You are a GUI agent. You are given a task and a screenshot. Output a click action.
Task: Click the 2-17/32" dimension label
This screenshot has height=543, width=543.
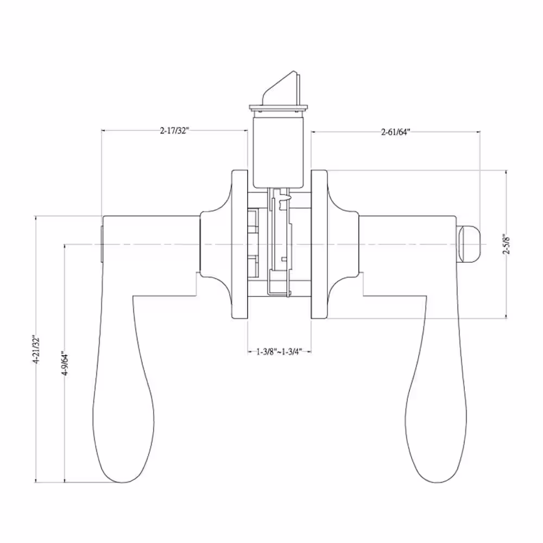(x=174, y=130)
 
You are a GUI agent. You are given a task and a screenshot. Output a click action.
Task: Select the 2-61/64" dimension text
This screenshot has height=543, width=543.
(x=395, y=131)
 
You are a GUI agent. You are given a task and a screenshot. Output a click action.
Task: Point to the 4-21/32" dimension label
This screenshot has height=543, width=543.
(x=36, y=349)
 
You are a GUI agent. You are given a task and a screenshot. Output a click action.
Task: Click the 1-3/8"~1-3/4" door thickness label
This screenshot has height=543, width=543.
(x=279, y=352)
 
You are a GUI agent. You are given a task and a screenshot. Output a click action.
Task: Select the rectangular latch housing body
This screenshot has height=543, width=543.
(x=279, y=153)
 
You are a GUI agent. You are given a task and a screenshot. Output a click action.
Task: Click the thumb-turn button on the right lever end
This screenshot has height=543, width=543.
(x=469, y=244)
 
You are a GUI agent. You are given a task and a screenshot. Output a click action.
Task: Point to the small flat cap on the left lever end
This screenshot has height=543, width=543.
(x=102, y=244)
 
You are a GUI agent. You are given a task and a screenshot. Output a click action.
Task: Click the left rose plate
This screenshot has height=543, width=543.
(x=239, y=244)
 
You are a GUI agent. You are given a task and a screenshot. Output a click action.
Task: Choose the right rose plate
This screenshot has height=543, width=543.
(x=319, y=244)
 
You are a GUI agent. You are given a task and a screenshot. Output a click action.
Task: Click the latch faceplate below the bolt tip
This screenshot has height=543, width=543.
(x=279, y=108)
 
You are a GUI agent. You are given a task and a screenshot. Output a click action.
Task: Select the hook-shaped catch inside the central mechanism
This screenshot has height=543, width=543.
(x=285, y=198)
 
